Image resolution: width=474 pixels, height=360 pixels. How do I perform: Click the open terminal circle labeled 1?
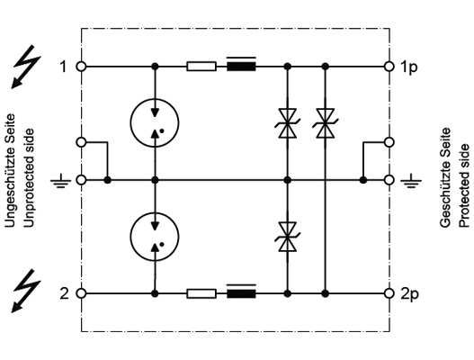pyautogui.click(x=81, y=67)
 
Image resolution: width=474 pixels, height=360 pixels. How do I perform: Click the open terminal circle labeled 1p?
pyautogui.click(x=389, y=67)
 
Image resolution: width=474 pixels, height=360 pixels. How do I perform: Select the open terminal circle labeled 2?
pyautogui.click(x=81, y=293)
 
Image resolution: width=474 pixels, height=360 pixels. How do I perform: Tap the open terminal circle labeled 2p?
pyautogui.click(x=389, y=293)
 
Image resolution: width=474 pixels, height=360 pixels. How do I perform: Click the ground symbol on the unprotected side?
pyautogui.click(x=61, y=181)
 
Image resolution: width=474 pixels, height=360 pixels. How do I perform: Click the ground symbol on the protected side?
pyautogui.click(x=411, y=181)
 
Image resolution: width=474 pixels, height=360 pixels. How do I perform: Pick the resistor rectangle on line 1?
pyautogui.click(x=201, y=67)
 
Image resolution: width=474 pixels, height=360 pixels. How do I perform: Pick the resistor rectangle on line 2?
pyautogui.click(x=201, y=293)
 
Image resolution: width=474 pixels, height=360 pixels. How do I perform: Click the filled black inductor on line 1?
pyautogui.click(x=241, y=67)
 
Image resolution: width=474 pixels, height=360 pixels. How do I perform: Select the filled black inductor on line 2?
pyautogui.click(x=241, y=293)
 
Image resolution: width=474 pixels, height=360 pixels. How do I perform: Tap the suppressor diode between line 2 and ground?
pyautogui.click(x=288, y=237)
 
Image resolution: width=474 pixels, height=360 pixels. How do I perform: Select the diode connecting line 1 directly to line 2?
pyautogui.click(x=325, y=123)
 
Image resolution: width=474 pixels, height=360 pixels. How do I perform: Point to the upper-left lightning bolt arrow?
pyautogui.click(x=27, y=67)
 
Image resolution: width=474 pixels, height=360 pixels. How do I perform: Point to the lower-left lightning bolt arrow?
pyautogui.click(x=27, y=291)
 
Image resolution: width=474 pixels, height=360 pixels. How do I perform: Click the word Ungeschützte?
pyautogui.click(x=10, y=170)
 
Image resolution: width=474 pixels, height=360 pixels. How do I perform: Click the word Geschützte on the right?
pyautogui.click(x=445, y=177)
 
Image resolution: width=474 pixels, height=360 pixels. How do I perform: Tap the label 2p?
pyautogui.click(x=409, y=294)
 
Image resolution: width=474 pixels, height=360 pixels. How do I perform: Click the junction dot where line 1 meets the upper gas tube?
pyautogui.click(x=155, y=67)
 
